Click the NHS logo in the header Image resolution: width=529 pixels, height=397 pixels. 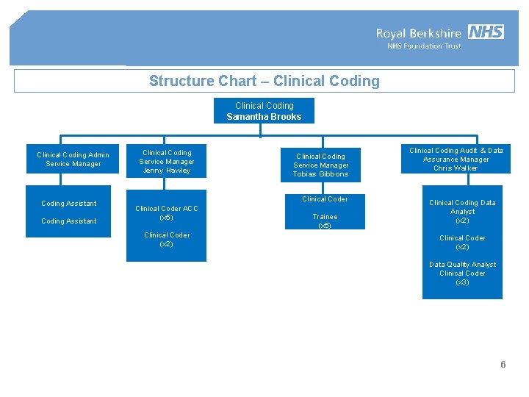point(486,32)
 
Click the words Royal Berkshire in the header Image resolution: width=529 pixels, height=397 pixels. point(419,33)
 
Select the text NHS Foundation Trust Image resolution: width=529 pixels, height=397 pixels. point(424,46)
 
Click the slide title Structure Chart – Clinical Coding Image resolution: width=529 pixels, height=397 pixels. point(264,81)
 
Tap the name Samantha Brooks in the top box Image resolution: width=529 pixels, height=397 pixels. point(264,117)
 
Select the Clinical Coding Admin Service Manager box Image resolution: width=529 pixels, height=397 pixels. point(73,160)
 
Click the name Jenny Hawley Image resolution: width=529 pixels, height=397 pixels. point(167,171)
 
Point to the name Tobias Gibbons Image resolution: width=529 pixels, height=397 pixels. point(320,174)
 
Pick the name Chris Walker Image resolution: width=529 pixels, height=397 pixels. point(456,168)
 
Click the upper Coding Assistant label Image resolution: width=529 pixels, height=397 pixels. point(69,204)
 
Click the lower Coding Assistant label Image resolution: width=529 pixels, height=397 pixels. point(69,221)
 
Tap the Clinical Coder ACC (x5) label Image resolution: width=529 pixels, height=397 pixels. point(167,213)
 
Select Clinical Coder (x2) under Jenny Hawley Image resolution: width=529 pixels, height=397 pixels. point(167,240)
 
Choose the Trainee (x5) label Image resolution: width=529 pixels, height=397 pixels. point(325,221)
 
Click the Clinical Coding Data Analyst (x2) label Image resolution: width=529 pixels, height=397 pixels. point(462,212)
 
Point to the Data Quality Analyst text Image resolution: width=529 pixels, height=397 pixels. point(462,265)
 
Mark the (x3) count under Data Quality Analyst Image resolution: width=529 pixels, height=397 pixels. point(462,282)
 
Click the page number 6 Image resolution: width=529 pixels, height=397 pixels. point(503,365)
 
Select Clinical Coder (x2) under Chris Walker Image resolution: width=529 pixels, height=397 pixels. point(462,243)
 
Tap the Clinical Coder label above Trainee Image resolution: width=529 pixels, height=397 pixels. point(325,199)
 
